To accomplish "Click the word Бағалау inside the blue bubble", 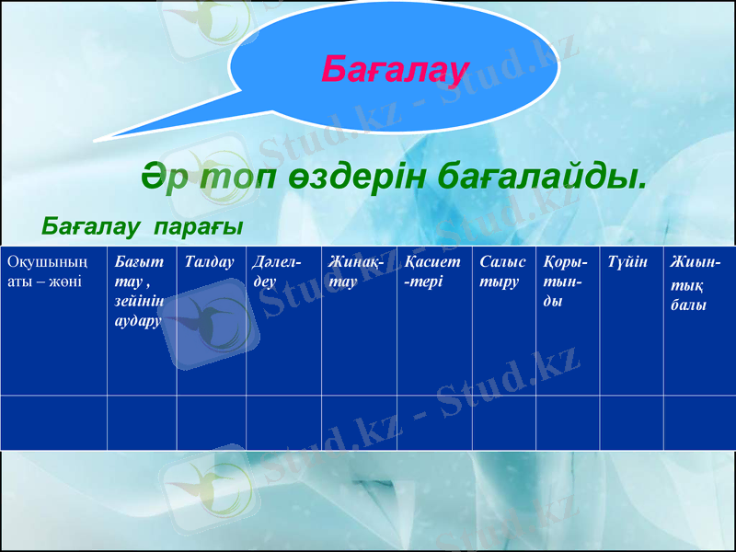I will click(x=396, y=67).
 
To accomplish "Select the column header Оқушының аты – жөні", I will click(x=46, y=271).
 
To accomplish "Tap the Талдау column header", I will click(x=210, y=263).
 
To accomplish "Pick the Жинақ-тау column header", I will click(x=355, y=271).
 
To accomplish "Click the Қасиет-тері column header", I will click(x=431, y=271).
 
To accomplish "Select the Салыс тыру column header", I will click(x=502, y=271).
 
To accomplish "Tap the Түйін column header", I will click(x=627, y=263).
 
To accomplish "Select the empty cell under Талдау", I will click(x=211, y=422).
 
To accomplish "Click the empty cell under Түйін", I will click(x=631, y=422).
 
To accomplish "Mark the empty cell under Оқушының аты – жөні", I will click(x=53, y=422).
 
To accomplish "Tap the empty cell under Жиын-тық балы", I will click(x=698, y=422).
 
